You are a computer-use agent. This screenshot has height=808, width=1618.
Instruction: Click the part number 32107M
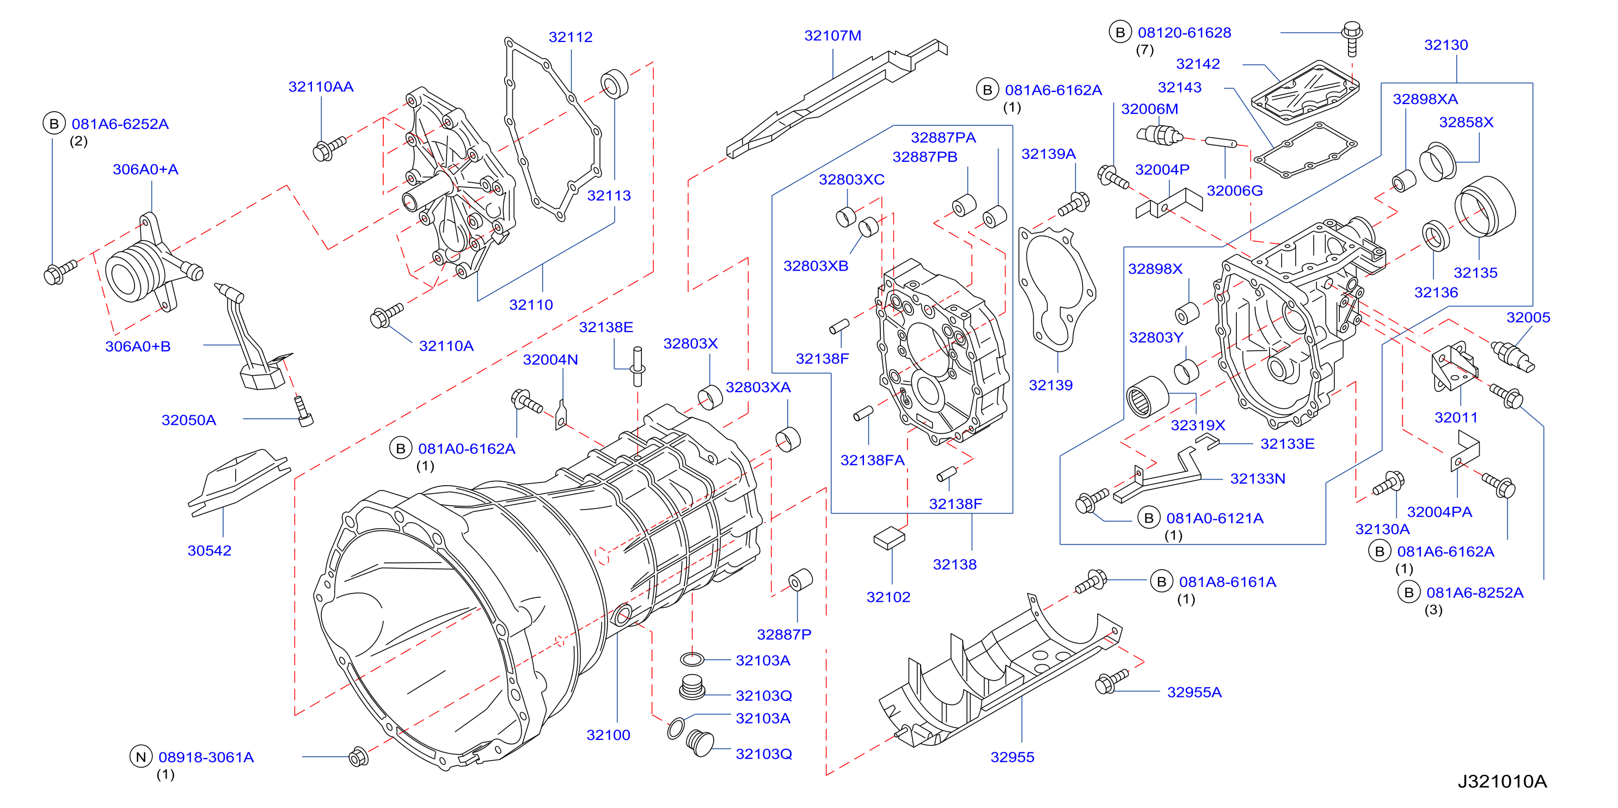[832, 36]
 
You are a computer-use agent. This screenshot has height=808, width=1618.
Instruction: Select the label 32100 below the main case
[608, 734]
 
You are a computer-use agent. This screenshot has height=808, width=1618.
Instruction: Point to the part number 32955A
[1194, 692]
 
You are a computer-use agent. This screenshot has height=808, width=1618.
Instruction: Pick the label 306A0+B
[138, 346]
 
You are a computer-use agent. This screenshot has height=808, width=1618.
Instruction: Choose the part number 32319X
[1197, 425]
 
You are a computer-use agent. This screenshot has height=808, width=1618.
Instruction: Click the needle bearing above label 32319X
[1147, 396]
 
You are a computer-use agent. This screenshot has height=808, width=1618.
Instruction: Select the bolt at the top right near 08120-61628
[1352, 38]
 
